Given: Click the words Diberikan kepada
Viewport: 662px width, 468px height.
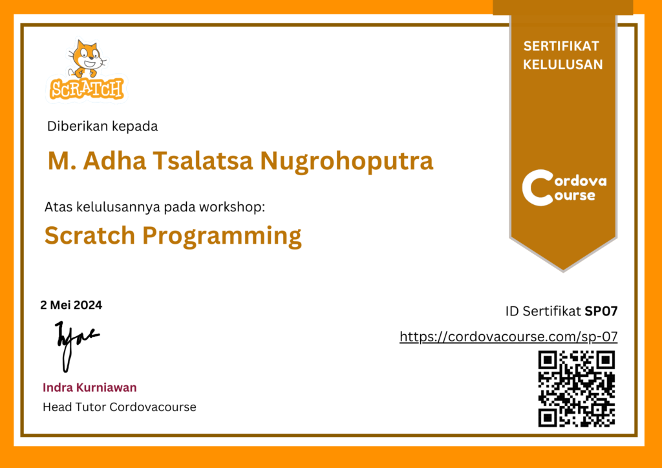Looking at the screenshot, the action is point(103,126).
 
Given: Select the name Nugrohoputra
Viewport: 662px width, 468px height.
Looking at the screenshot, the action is point(347,161).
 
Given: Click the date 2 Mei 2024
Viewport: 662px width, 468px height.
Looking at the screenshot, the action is point(71,305).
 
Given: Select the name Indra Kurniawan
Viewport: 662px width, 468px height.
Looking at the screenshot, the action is point(89,387).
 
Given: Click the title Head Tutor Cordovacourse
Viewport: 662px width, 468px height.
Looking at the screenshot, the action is point(120,407).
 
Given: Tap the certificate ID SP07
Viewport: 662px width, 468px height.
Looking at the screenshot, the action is point(601,312).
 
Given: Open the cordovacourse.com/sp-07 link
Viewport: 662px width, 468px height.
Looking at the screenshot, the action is point(508,336).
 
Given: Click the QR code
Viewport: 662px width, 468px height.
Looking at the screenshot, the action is point(576,388).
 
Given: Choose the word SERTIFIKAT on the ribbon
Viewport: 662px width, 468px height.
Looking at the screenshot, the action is point(561,46).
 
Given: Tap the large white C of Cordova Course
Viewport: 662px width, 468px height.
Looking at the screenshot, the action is point(537,187).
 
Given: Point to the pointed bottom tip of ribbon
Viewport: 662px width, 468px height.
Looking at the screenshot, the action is point(563,271).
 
